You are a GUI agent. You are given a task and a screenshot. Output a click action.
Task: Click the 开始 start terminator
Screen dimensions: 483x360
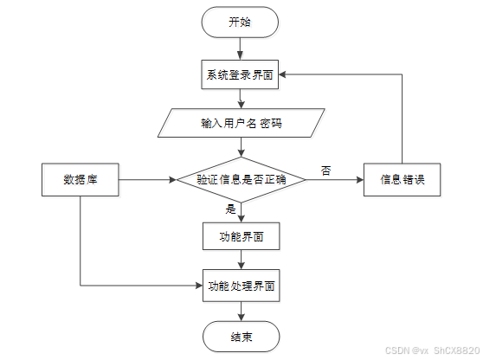point(240,22)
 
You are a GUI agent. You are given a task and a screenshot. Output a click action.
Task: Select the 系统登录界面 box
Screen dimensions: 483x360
point(240,74)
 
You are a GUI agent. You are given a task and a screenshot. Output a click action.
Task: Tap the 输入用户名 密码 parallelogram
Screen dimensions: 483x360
point(241,123)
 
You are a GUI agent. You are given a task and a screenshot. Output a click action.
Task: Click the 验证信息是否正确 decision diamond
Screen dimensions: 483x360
point(241,179)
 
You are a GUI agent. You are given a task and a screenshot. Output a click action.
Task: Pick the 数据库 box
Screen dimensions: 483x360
point(80,179)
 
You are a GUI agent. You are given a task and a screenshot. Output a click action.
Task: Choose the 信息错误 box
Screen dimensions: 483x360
point(402,179)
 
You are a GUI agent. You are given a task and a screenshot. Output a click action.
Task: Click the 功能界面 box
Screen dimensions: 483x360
point(241,236)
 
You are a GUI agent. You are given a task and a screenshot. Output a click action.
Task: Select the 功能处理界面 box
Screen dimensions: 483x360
point(241,286)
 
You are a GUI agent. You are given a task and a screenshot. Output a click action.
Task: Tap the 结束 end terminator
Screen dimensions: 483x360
point(241,337)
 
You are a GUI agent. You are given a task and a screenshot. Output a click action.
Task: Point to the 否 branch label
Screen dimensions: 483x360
point(326,170)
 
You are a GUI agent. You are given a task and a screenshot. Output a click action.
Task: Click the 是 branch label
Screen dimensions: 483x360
point(230,209)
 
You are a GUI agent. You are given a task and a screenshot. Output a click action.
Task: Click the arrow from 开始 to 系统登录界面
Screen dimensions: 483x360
point(240,48)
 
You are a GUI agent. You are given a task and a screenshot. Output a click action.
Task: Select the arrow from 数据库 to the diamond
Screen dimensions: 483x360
point(147,179)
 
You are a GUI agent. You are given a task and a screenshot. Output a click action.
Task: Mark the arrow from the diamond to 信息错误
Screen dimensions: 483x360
point(335,179)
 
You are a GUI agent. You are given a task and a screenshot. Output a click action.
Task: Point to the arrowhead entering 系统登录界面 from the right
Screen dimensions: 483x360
point(282,74)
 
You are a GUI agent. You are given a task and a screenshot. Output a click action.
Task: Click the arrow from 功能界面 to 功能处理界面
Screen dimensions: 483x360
point(241,260)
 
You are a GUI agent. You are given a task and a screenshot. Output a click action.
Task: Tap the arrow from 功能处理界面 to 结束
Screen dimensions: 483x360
point(241,312)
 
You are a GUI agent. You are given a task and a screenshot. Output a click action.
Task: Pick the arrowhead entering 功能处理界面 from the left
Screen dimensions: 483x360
point(199,286)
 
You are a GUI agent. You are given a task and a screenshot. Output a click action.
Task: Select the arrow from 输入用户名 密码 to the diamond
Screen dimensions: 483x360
point(241,147)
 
